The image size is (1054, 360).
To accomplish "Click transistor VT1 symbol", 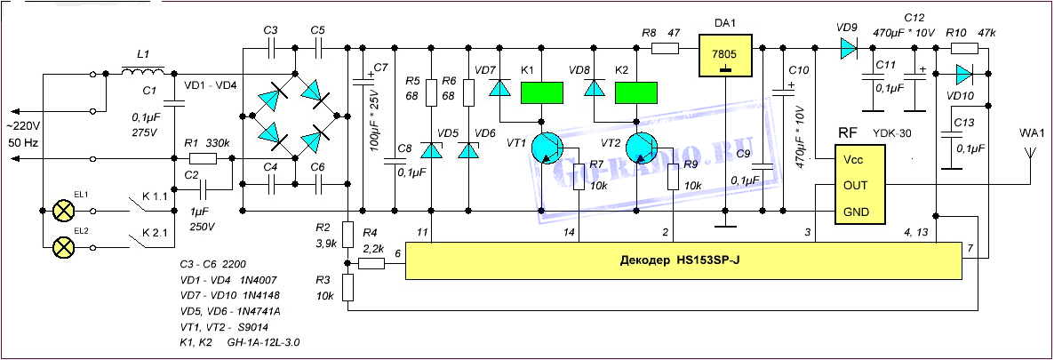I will (x=548, y=148).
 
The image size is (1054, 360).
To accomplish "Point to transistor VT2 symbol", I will (x=643, y=148).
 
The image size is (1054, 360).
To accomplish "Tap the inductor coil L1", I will (x=142, y=71).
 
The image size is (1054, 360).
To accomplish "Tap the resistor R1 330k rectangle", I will (x=204, y=158).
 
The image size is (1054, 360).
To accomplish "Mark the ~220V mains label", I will (x=26, y=126).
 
